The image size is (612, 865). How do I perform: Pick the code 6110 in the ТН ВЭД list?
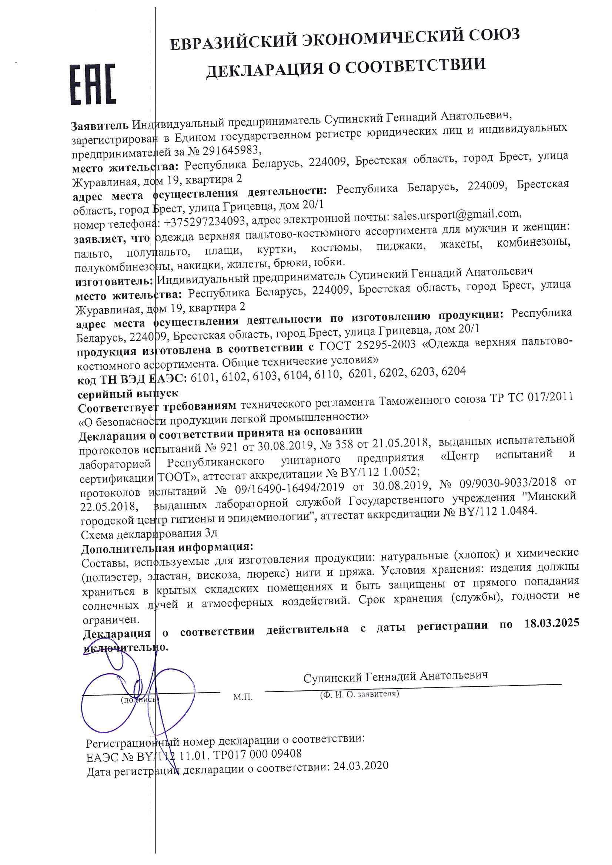coord(327,375)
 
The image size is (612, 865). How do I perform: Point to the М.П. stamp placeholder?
coord(243,697)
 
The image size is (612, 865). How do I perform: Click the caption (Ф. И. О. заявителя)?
coord(359,694)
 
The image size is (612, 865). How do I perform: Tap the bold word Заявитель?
coord(100,125)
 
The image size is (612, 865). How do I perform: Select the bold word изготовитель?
coord(114,281)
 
